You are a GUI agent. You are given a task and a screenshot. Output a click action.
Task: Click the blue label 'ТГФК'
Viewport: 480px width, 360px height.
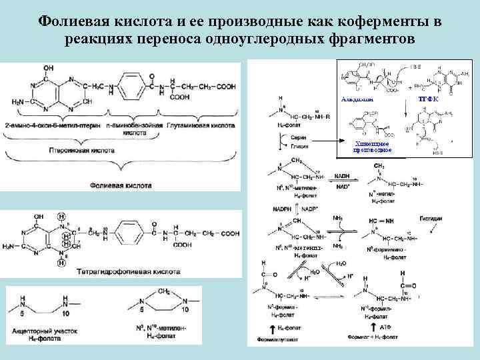click(427, 99)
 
